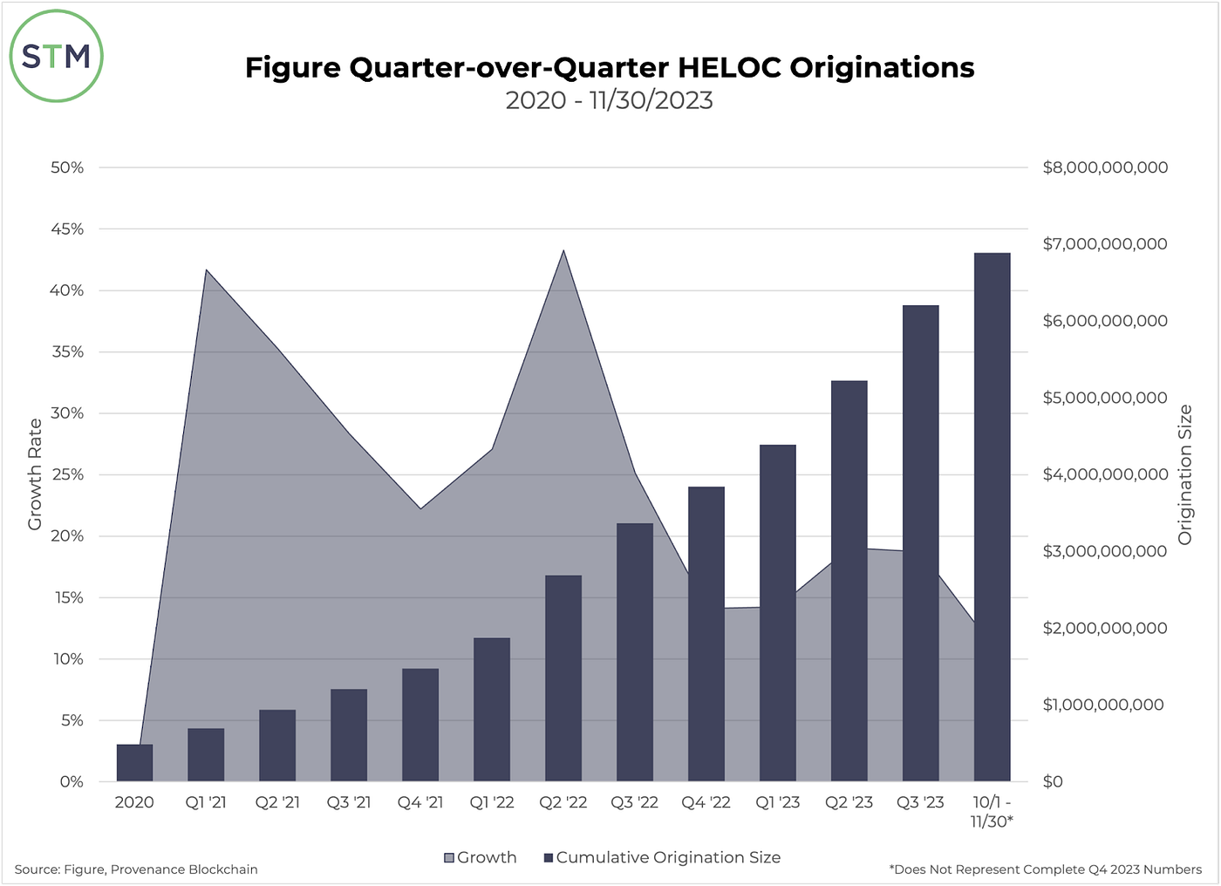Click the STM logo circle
57,57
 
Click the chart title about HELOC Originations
610,67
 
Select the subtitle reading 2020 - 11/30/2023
610,100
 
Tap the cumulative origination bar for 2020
134,763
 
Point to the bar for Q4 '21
420,725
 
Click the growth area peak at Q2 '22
563,253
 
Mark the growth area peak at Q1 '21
206,271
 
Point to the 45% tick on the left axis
67,229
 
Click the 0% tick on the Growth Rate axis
72,782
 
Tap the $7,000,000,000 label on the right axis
1105,244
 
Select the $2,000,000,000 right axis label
1105,628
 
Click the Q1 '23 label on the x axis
777,802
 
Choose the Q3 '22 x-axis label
634,802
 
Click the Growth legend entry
481,858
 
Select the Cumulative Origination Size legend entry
662,858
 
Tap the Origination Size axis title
1184,475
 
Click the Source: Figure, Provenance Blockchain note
136,869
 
